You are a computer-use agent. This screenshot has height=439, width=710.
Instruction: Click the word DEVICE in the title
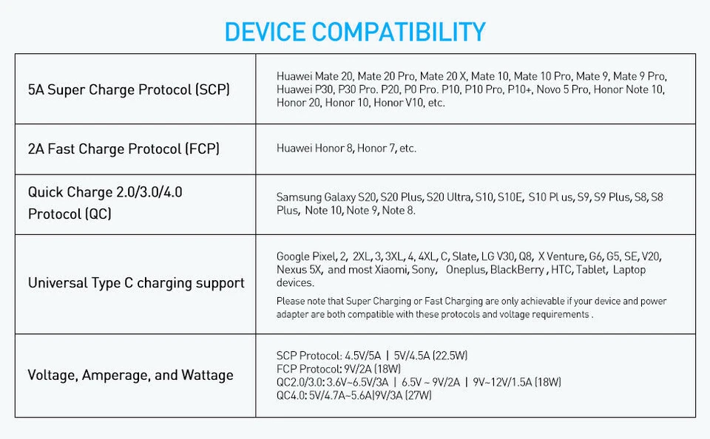[x=265, y=32]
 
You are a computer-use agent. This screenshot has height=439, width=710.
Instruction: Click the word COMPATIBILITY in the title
[x=399, y=32]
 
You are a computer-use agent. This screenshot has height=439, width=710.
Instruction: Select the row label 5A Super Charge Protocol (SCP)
[x=129, y=89]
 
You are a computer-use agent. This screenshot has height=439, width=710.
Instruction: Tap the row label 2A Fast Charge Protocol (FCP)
[x=124, y=149]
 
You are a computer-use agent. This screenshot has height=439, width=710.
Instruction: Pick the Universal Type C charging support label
[x=136, y=283]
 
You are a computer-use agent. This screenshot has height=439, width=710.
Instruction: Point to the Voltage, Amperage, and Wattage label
[x=130, y=375]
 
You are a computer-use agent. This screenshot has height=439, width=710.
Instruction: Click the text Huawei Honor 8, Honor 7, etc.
[x=346, y=149]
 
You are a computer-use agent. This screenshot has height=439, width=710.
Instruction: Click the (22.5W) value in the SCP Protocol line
[x=450, y=355]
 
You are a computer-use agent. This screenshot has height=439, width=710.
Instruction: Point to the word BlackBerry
[x=517, y=270]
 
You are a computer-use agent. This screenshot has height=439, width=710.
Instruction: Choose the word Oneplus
[x=466, y=270]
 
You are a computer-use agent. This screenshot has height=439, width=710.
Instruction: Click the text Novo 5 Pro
[x=562, y=89]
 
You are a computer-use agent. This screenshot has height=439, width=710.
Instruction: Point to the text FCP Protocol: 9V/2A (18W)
[x=339, y=369]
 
